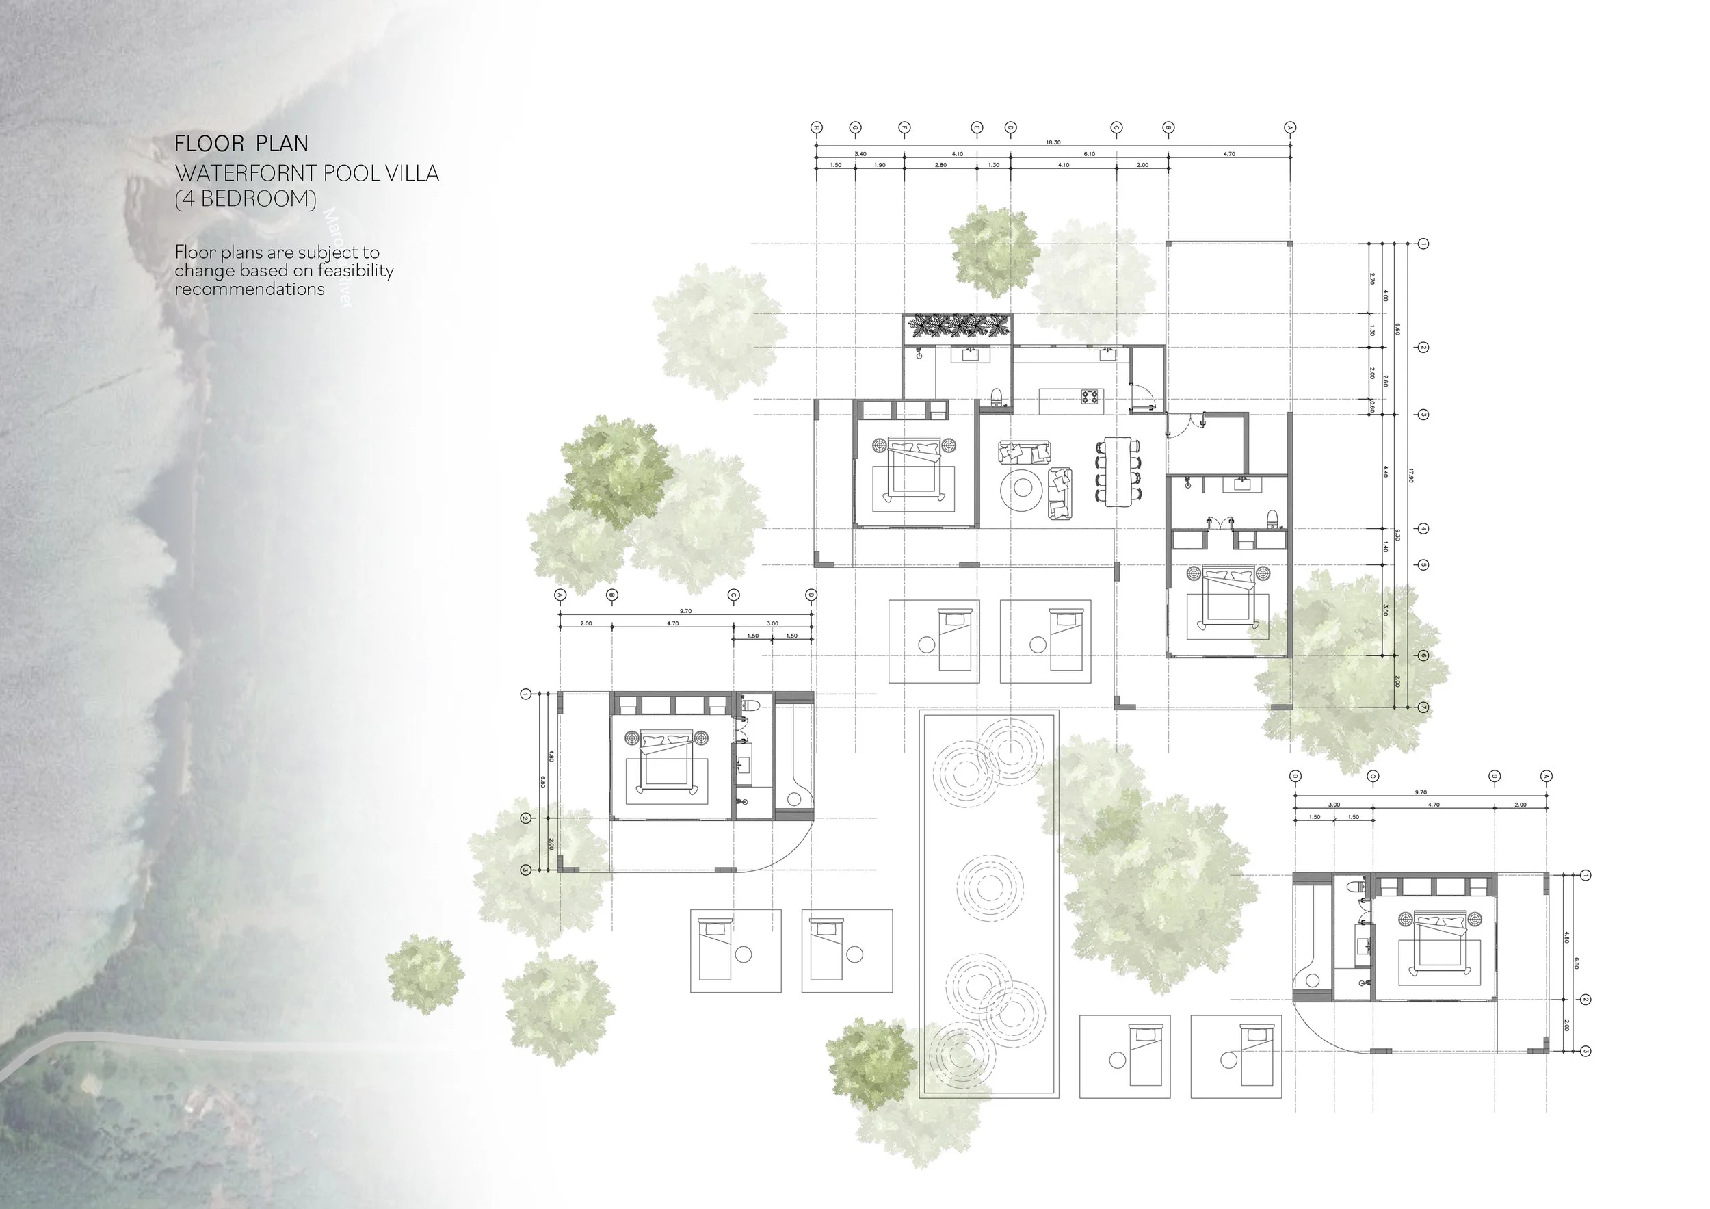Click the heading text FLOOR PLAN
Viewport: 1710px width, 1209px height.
(241, 143)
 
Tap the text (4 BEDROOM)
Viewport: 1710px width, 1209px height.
(245, 199)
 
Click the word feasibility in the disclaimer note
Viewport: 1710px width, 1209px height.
(354, 270)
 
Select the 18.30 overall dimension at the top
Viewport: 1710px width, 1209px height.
(1053, 142)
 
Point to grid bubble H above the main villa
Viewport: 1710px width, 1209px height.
(816, 128)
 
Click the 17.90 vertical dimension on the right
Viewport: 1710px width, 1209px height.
(1410, 475)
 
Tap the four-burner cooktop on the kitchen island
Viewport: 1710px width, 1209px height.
(1090, 396)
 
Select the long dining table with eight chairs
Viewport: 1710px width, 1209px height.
(1117, 471)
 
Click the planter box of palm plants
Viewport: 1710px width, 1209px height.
(958, 326)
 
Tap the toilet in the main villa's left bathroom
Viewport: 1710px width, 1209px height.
(996, 395)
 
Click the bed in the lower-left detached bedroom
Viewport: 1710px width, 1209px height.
(665, 762)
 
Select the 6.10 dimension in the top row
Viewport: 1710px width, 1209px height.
(1089, 153)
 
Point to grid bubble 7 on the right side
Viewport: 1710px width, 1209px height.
(1423, 707)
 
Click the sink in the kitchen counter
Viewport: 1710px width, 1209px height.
(1107, 354)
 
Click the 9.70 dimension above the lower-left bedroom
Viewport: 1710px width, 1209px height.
(685, 611)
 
